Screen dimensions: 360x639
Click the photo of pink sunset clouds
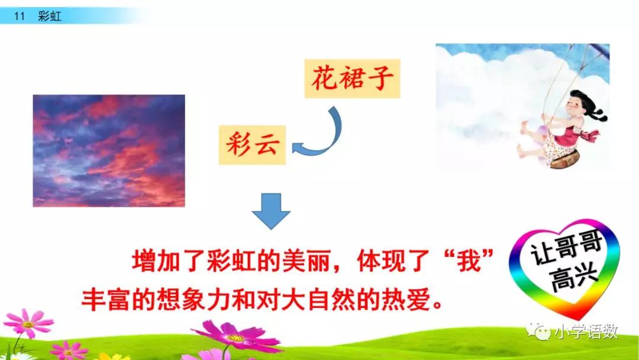[108, 150]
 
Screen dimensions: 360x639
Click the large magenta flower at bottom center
[237, 337]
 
